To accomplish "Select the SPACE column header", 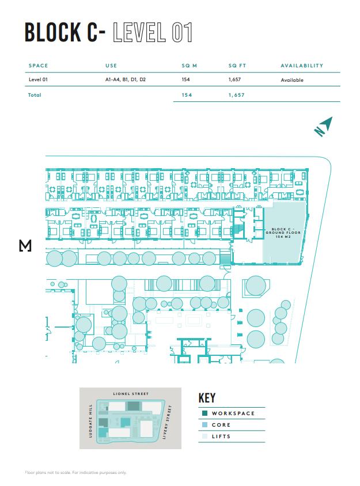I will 38,66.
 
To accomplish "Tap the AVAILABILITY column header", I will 302,66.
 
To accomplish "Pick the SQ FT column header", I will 237,66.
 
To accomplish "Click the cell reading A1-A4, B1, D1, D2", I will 126,80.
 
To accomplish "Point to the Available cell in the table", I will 292,80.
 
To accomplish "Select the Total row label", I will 35,94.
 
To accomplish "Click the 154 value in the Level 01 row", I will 185,80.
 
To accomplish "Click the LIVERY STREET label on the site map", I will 170,422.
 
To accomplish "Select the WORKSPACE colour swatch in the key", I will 205,413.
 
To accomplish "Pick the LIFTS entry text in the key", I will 221,436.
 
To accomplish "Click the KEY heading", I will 207,398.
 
